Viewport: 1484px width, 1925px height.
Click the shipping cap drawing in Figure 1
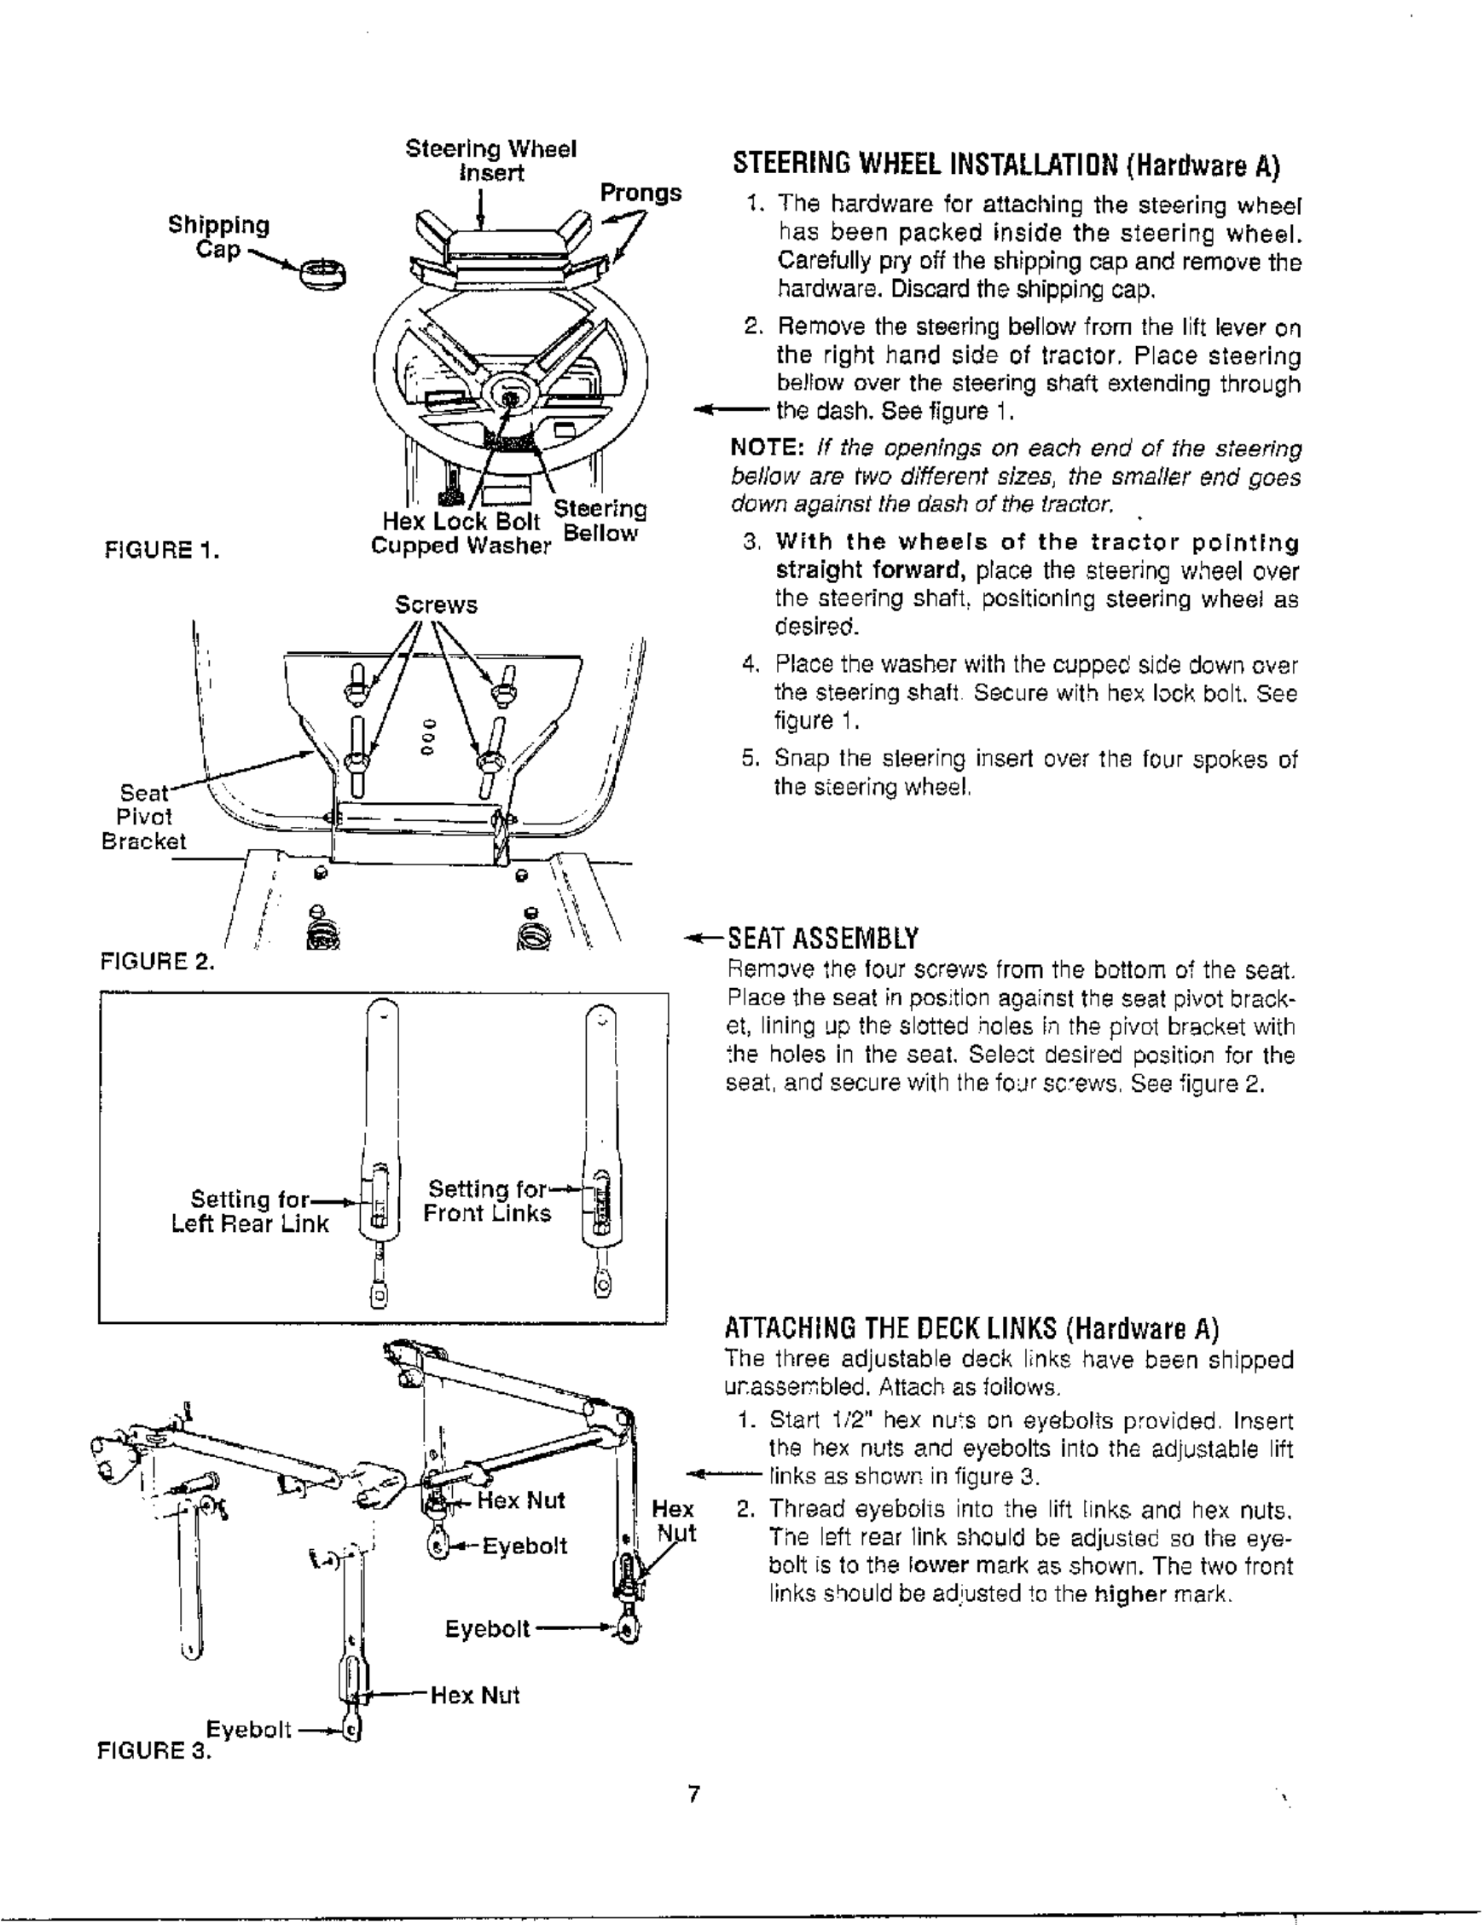[323, 275]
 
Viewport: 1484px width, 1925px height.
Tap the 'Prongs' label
[641, 193]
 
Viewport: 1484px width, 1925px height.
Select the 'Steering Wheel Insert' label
[491, 160]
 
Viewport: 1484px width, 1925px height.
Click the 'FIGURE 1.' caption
[161, 552]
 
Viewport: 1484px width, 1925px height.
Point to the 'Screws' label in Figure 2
[436, 605]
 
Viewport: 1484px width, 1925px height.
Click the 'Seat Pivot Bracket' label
[144, 817]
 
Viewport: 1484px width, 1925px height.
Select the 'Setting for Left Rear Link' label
[251, 1212]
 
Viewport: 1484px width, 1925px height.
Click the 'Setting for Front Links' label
[488, 1201]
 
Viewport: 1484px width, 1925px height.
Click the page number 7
[694, 1795]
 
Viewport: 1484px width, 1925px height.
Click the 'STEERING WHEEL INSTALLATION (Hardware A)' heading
[1006, 165]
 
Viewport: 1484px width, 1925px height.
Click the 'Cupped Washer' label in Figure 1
[461, 546]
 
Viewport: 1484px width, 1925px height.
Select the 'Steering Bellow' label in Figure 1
[600, 521]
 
